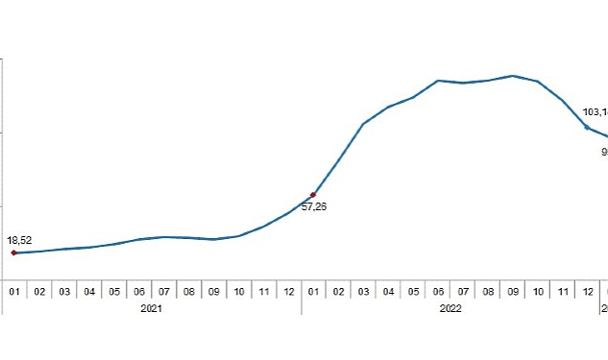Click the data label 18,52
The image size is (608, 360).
(x=19, y=240)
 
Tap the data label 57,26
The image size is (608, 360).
(x=313, y=206)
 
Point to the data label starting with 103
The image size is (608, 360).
(x=596, y=112)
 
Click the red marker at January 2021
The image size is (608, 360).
(x=13, y=252)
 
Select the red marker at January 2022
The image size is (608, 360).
(x=313, y=195)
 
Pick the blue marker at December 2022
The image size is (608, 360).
(x=587, y=128)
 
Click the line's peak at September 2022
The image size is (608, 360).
(x=513, y=75)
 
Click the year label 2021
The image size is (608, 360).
(x=151, y=308)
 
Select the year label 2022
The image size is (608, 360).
(x=451, y=308)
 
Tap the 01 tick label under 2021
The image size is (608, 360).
(x=13, y=290)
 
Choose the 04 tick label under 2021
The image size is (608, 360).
(x=88, y=290)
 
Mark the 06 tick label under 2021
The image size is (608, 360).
(x=139, y=290)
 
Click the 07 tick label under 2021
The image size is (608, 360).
(x=164, y=290)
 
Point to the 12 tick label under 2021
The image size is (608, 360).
(x=288, y=290)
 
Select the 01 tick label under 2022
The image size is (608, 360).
(x=313, y=290)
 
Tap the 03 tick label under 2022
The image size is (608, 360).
(x=363, y=290)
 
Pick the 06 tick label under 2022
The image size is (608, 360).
(x=438, y=290)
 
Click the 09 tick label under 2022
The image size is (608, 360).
(x=513, y=290)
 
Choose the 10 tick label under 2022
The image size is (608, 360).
(x=538, y=290)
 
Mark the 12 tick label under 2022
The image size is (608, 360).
(x=587, y=290)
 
